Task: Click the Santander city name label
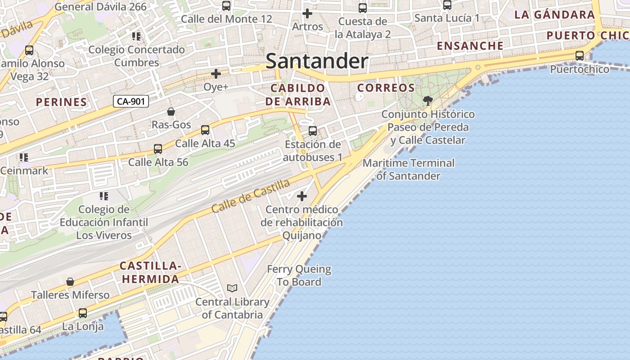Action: point(317,61)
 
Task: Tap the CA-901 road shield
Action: point(130,101)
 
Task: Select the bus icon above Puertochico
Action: point(580,56)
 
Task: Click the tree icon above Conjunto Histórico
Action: point(428,101)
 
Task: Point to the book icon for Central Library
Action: point(232,288)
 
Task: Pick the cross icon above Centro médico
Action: point(302,196)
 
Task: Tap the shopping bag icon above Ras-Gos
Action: point(171,111)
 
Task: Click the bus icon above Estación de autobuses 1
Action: point(313,131)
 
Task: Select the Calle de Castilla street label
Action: point(251,196)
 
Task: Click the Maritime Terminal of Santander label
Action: point(409,169)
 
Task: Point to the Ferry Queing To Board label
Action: point(299,275)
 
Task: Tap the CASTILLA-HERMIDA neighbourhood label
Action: point(151,273)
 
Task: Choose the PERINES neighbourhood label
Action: point(61,102)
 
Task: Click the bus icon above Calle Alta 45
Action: point(205,130)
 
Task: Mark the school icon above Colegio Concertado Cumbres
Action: point(136,36)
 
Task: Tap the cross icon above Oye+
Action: point(216,73)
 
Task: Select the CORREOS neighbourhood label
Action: point(386,88)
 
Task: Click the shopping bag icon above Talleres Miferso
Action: point(70,282)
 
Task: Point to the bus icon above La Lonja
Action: point(83,313)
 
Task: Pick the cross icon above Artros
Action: point(307,13)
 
